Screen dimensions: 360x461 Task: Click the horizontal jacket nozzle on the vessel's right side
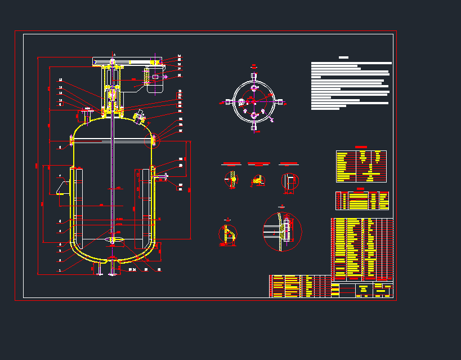coord(163,177)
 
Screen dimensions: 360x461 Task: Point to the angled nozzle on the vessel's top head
coord(139,117)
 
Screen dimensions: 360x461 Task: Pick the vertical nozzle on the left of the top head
coord(87,114)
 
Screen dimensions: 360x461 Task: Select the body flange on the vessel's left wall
coord(72,139)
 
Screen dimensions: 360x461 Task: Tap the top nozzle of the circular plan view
coord(254,75)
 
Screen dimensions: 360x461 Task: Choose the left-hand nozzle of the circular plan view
coord(228,102)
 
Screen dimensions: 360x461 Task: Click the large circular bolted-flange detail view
coord(283,232)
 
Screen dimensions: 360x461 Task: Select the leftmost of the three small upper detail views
coord(231,180)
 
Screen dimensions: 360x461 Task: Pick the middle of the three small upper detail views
coord(258,180)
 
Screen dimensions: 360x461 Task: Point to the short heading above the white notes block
coord(343,57)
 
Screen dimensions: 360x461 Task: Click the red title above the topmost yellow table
coord(361,148)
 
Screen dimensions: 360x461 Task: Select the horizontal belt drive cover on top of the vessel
coord(127,60)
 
